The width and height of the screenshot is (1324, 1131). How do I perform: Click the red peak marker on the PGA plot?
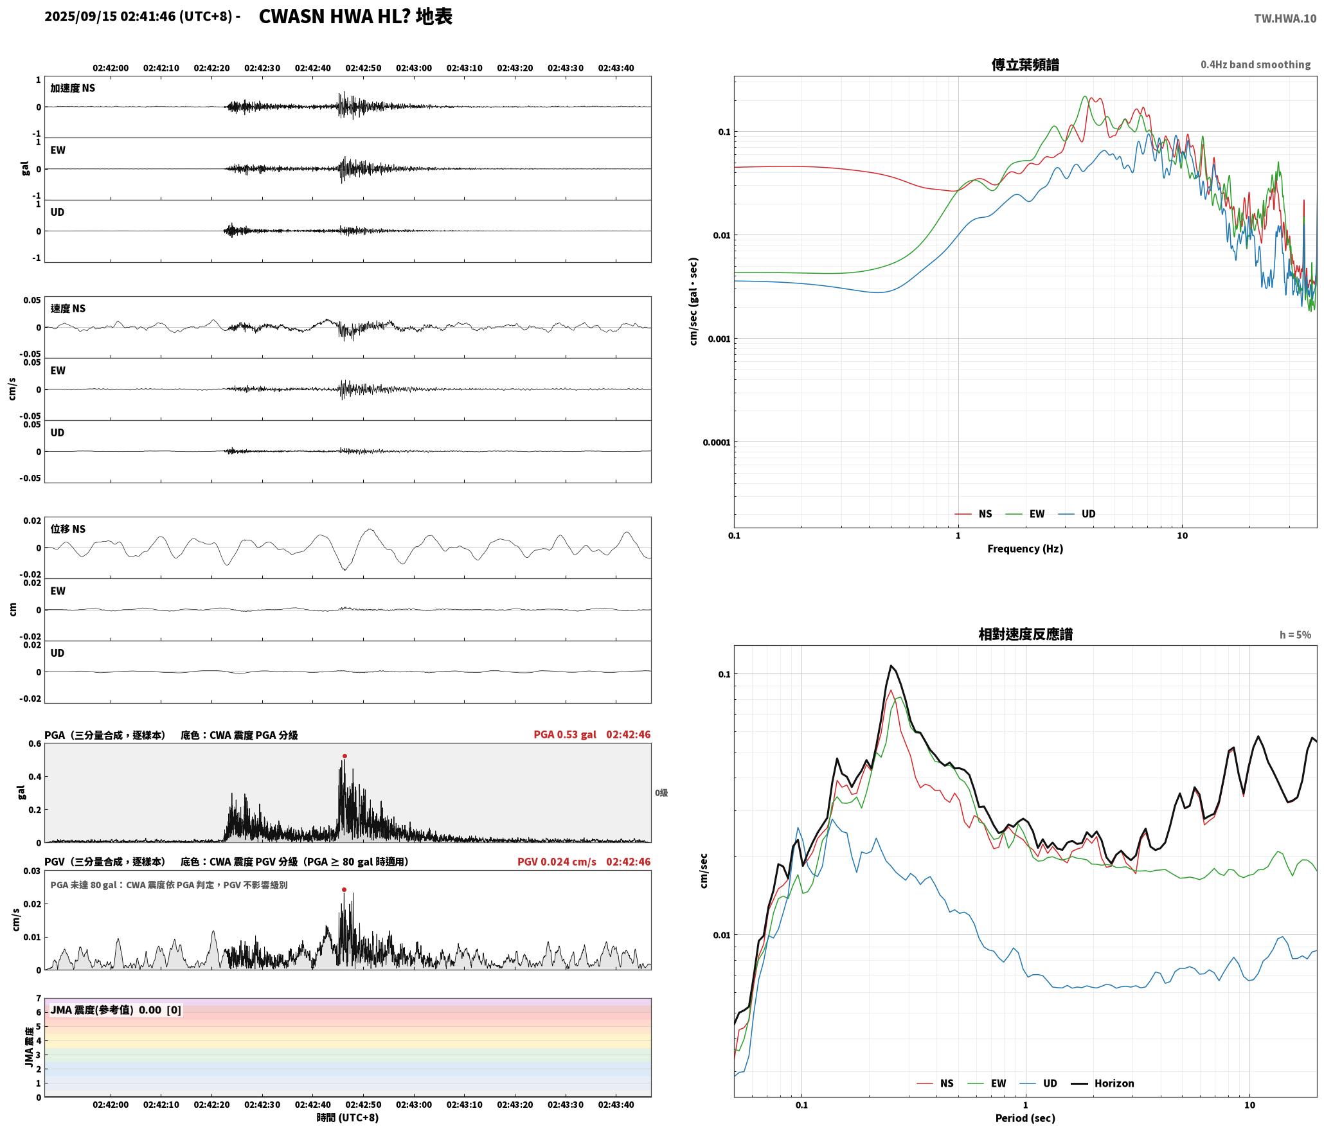click(x=344, y=756)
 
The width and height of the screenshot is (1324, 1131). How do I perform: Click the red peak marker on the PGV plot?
click(x=344, y=890)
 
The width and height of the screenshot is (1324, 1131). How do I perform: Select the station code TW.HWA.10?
click(x=1285, y=19)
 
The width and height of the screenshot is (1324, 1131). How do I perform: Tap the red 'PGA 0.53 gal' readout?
click(x=565, y=735)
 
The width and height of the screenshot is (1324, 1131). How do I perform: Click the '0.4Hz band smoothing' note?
click(x=1255, y=65)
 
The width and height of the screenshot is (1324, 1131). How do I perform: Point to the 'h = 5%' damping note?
click(x=1295, y=635)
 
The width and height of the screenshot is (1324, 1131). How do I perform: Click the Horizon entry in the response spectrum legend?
click(x=1114, y=1083)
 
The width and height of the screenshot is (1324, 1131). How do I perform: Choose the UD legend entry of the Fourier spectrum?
click(x=1088, y=514)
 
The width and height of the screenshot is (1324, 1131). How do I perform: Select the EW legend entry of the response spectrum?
click(x=998, y=1083)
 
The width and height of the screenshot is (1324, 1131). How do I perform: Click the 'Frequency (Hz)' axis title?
click(x=1025, y=549)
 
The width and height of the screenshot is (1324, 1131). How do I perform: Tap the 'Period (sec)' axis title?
click(x=1025, y=1118)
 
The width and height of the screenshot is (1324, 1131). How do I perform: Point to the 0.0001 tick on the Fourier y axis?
click(x=717, y=442)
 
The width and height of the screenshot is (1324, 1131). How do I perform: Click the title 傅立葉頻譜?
click(x=1025, y=65)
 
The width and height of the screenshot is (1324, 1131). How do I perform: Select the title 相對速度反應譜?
click(x=1025, y=634)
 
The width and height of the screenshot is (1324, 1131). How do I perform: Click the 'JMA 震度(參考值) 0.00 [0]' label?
click(x=116, y=1010)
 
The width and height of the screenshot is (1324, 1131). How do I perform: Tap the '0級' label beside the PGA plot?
click(x=661, y=793)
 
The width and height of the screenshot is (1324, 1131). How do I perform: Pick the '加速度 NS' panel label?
click(x=73, y=88)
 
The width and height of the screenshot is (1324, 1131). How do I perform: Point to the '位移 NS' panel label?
click(x=68, y=529)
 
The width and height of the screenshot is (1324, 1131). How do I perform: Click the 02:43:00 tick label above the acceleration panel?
click(x=414, y=68)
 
